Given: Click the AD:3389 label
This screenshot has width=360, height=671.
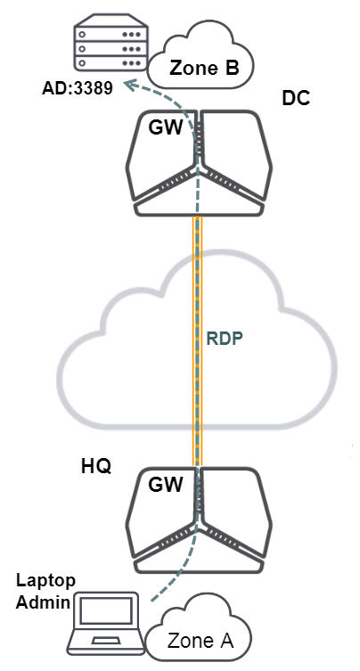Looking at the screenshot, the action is coord(77,88).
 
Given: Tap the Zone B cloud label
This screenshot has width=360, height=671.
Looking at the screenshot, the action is coord(204,68).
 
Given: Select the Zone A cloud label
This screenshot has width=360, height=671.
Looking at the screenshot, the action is coord(200,641).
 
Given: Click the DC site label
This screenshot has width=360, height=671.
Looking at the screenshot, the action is coord(296,99).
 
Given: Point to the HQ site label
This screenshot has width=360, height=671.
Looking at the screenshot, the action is coord(96,466).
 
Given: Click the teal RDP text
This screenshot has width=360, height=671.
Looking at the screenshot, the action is coord(225,339).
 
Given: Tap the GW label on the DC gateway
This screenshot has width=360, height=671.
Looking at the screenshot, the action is coord(166,127).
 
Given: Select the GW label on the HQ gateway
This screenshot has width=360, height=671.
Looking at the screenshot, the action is coord(166,485).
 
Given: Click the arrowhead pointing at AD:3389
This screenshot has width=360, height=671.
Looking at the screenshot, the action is coord(131,86).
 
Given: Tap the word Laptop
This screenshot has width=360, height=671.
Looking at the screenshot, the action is coord(45,582).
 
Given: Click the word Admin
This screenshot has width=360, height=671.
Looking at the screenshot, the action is coord(44,602).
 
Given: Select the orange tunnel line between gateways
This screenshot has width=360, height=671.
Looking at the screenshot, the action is coord(197,340).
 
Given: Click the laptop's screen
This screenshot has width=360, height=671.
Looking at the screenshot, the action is coord(107,611).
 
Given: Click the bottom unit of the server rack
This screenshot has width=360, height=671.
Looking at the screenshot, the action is coord(110,62).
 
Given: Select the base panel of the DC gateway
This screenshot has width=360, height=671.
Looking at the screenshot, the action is coord(198,208).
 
